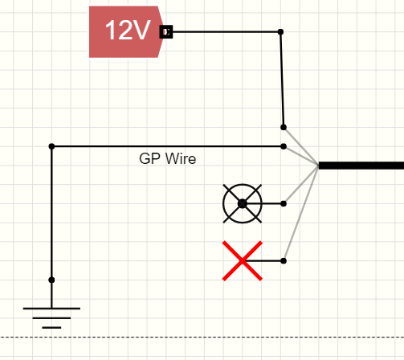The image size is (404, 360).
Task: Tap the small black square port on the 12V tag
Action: [166, 32]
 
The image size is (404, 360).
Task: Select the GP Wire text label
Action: [167, 159]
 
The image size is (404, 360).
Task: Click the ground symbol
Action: [51, 316]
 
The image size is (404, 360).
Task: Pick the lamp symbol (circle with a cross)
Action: [242, 203]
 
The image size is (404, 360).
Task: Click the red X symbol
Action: [242, 260]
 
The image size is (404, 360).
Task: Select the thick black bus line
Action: [361, 166]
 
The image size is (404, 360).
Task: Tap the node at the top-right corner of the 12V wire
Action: [280, 32]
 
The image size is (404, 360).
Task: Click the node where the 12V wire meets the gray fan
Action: [284, 127]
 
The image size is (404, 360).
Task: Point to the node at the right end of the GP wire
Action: [284, 146]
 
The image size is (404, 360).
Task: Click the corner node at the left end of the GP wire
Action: [51, 146]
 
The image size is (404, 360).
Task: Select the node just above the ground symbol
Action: [51, 280]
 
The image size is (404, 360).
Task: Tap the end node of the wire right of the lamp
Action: [284, 203]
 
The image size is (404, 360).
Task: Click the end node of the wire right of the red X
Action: [284, 260]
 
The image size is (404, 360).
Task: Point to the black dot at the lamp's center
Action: [242, 203]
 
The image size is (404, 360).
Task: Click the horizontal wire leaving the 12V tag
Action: [225, 32]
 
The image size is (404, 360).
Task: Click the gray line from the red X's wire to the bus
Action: [301, 213]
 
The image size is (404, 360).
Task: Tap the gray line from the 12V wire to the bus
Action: [301, 146]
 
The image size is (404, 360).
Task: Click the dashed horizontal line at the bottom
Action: [201, 337]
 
